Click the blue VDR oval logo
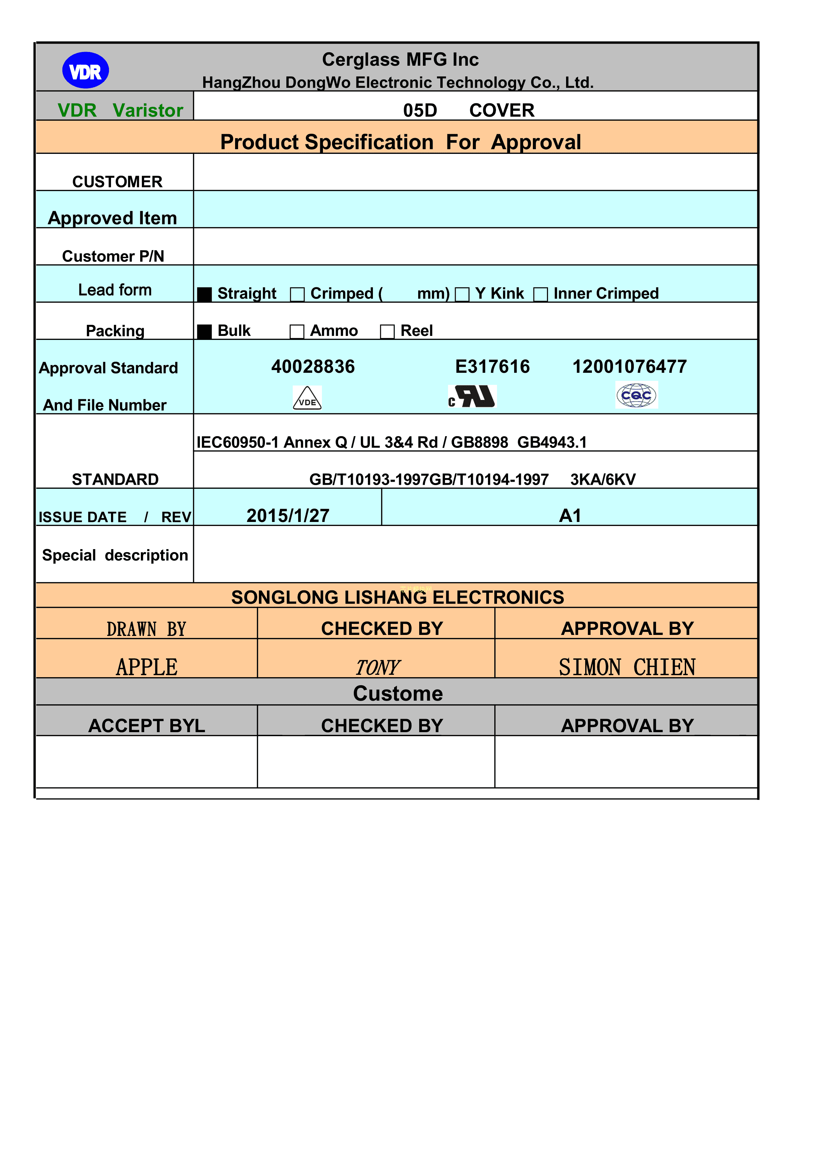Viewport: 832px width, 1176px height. (x=85, y=70)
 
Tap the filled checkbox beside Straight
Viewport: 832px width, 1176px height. (x=205, y=295)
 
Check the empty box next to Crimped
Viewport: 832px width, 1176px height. (x=297, y=295)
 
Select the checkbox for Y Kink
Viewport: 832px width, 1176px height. (x=462, y=295)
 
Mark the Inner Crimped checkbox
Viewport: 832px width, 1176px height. (x=541, y=295)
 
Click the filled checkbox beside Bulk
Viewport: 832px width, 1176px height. (x=205, y=332)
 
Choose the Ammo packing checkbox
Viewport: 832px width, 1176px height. (x=297, y=332)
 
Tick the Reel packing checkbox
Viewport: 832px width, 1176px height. (x=387, y=332)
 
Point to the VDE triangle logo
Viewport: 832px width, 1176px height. (x=307, y=398)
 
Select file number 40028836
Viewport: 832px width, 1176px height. (x=313, y=367)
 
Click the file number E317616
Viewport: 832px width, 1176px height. (x=492, y=367)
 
